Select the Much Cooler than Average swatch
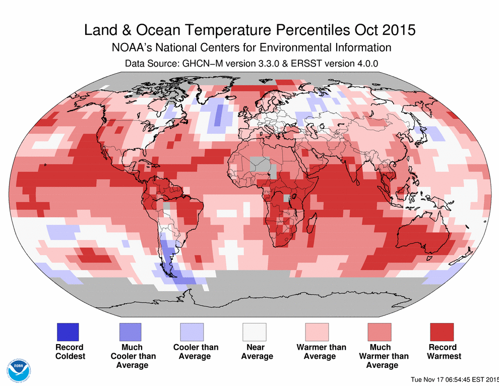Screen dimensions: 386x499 [130, 332]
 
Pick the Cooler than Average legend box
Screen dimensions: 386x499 [192, 332]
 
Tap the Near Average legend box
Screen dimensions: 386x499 [255, 332]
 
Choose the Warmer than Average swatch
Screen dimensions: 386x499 [317, 332]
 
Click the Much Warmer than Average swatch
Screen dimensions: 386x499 [380, 332]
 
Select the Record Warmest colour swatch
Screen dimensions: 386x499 [442, 332]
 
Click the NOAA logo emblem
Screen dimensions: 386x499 [19, 370]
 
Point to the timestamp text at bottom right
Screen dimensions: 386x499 [454, 379]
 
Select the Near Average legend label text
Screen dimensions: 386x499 [257, 352]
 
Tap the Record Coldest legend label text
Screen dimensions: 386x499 [70, 352]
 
